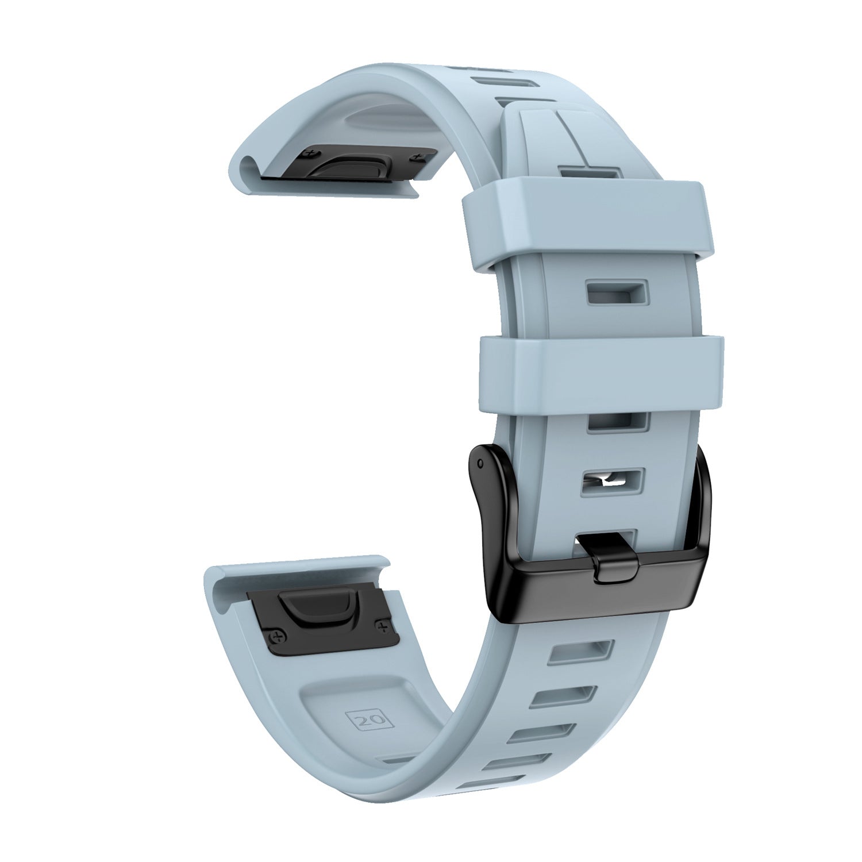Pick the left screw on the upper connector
pos(313,153)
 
